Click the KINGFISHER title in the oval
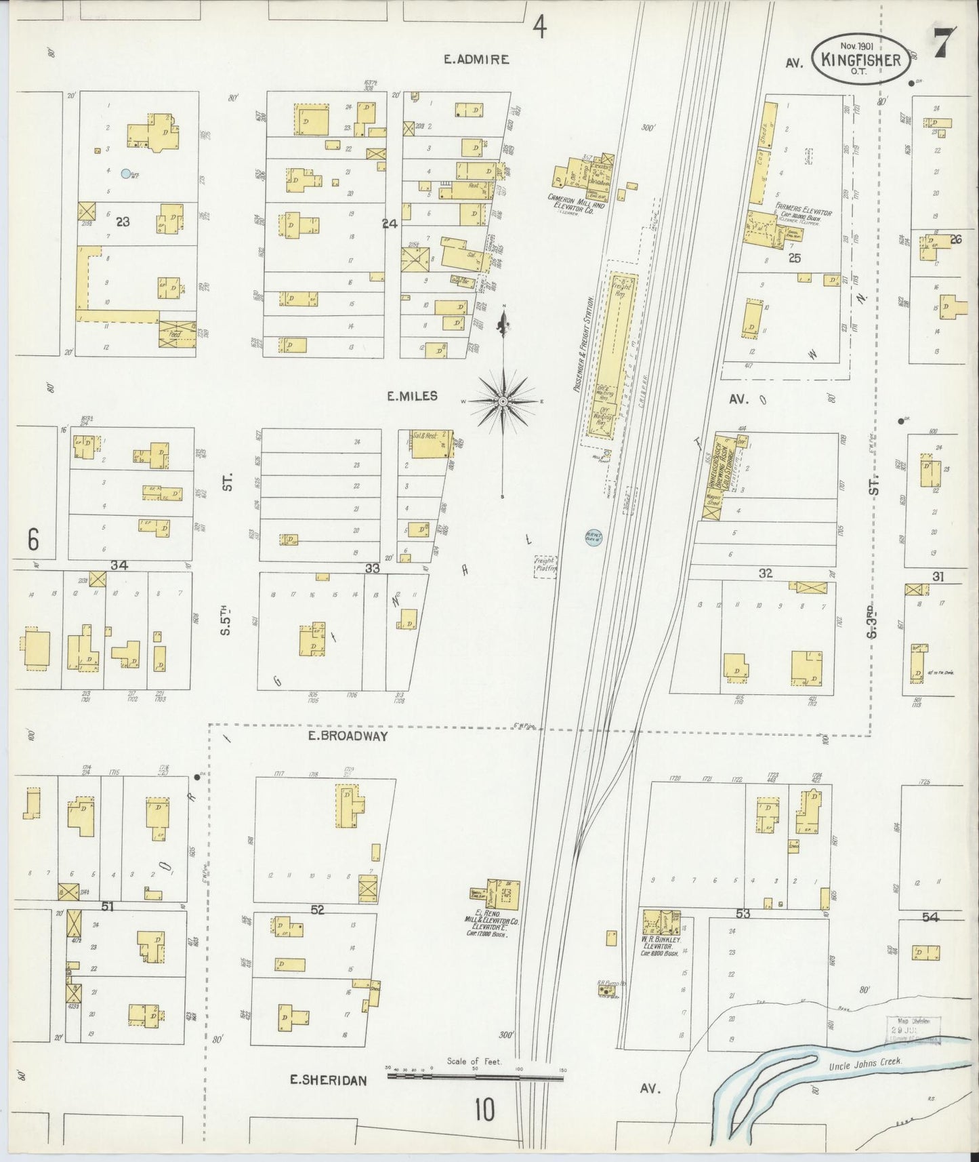[x=860, y=60]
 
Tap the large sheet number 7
[x=944, y=44]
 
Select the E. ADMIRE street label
[x=476, y=60]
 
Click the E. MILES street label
[x=412, y=397]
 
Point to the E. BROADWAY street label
[x=348, y=736]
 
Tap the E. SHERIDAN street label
[x=329, y=1080]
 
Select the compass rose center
[x=503, y=401]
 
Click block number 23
[x=122, y=220]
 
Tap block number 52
[x=317, y=910]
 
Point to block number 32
[x=765, y=573]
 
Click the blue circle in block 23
[x=125, y=174]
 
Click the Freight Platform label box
[x=545, y=565]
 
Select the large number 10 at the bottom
[x=484, y=1110]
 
